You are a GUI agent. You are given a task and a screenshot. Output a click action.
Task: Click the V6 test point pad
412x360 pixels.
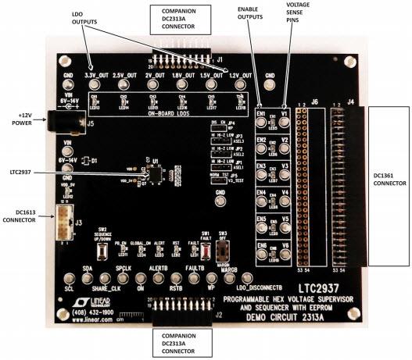pos(286,258)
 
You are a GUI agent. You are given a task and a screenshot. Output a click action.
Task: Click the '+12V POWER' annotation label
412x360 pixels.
pos(19,119)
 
